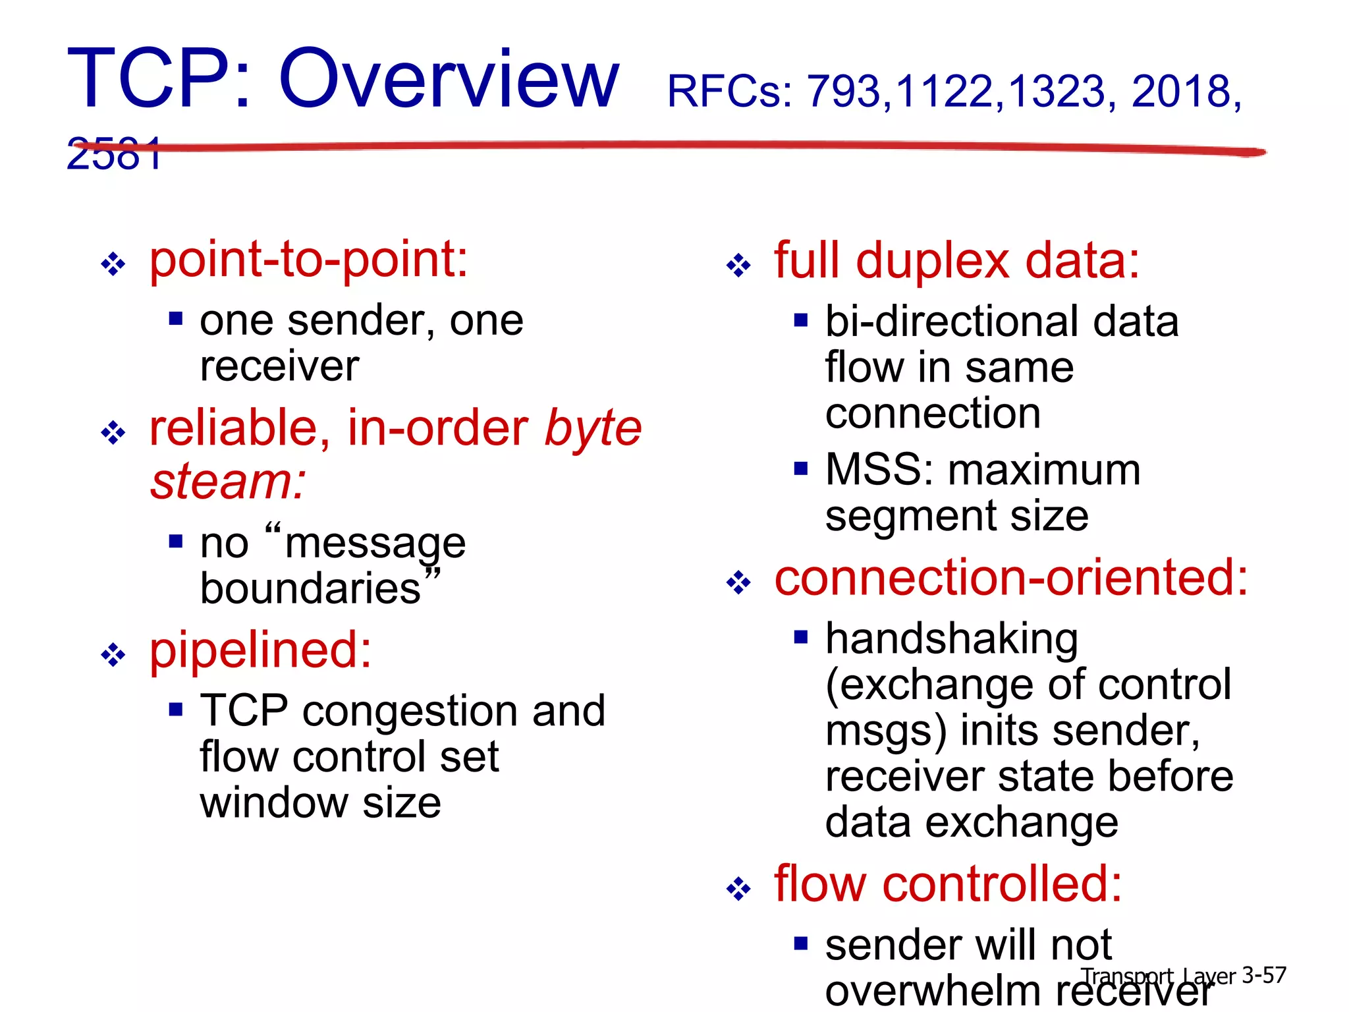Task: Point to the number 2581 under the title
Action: (x=113, y=155)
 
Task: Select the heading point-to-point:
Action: (x=308, y=260)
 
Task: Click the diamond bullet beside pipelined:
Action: (x=113, y=655)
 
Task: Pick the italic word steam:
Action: (x=228, y=482)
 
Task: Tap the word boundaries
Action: (x=310, y=589)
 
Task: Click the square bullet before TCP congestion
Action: (x=175, y=710)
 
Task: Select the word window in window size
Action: (x=274, y=804)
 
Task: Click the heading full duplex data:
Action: (x=956, y=262)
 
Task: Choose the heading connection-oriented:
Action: (x=1010, y=578)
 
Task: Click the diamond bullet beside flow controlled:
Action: (x=738, y=889)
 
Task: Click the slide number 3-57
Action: (x=1263, y=976)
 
